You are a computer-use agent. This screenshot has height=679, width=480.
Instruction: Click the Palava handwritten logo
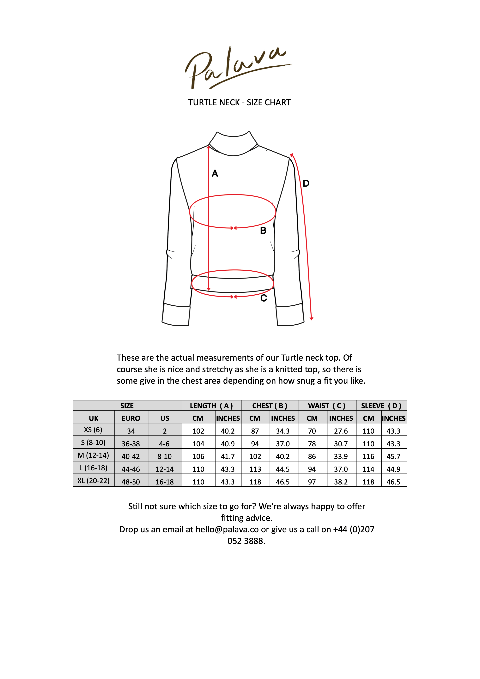(x=237, y=68)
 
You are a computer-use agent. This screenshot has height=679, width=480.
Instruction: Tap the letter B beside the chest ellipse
(x=263, y=231)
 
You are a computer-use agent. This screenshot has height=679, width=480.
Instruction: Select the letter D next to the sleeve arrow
(x=306, y=183)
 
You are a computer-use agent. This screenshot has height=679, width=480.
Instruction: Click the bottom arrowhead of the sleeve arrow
(x=311, y=319)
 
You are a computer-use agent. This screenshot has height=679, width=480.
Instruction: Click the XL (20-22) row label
(x=94, y=481)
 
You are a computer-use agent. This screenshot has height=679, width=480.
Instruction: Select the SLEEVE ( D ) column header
(x=381, y=406)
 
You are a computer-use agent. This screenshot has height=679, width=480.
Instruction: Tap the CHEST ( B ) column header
(x=270, y=406)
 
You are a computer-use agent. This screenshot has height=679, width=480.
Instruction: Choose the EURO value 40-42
(x=131, y=456)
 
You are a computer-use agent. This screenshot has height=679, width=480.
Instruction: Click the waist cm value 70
(x=312, y=431)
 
